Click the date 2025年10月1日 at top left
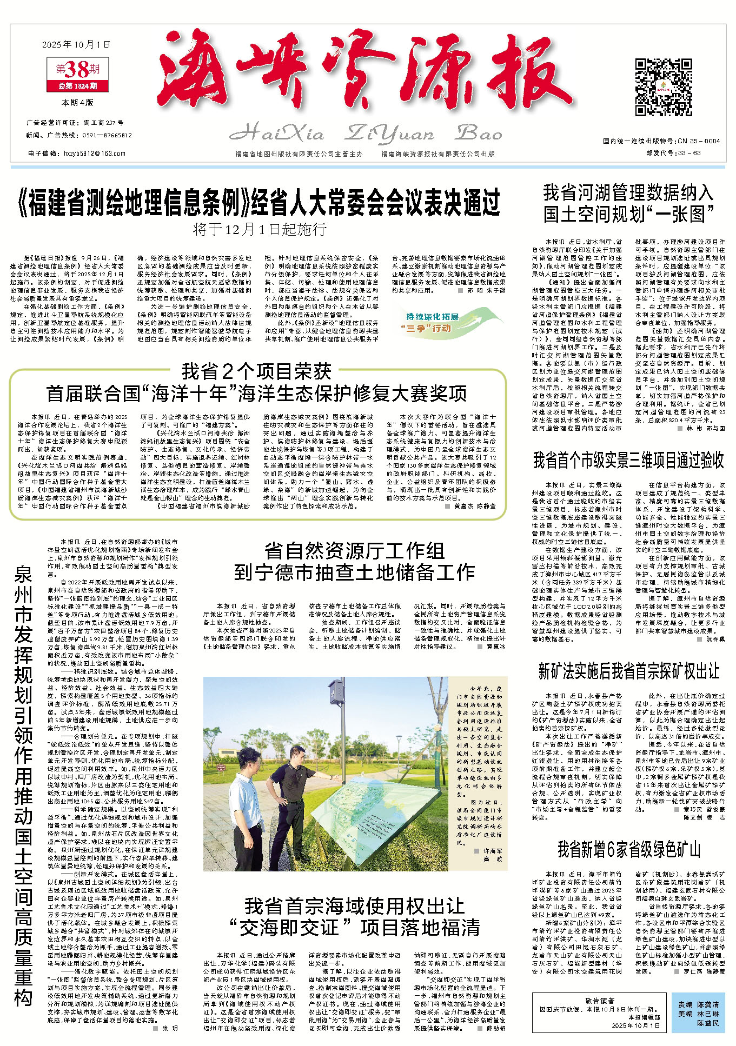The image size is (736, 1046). pos(76,44)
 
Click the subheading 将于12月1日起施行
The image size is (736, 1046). pos(260,229)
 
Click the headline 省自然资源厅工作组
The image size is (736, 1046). pos(355,551)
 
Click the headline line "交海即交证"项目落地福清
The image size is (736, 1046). pos(355,928)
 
